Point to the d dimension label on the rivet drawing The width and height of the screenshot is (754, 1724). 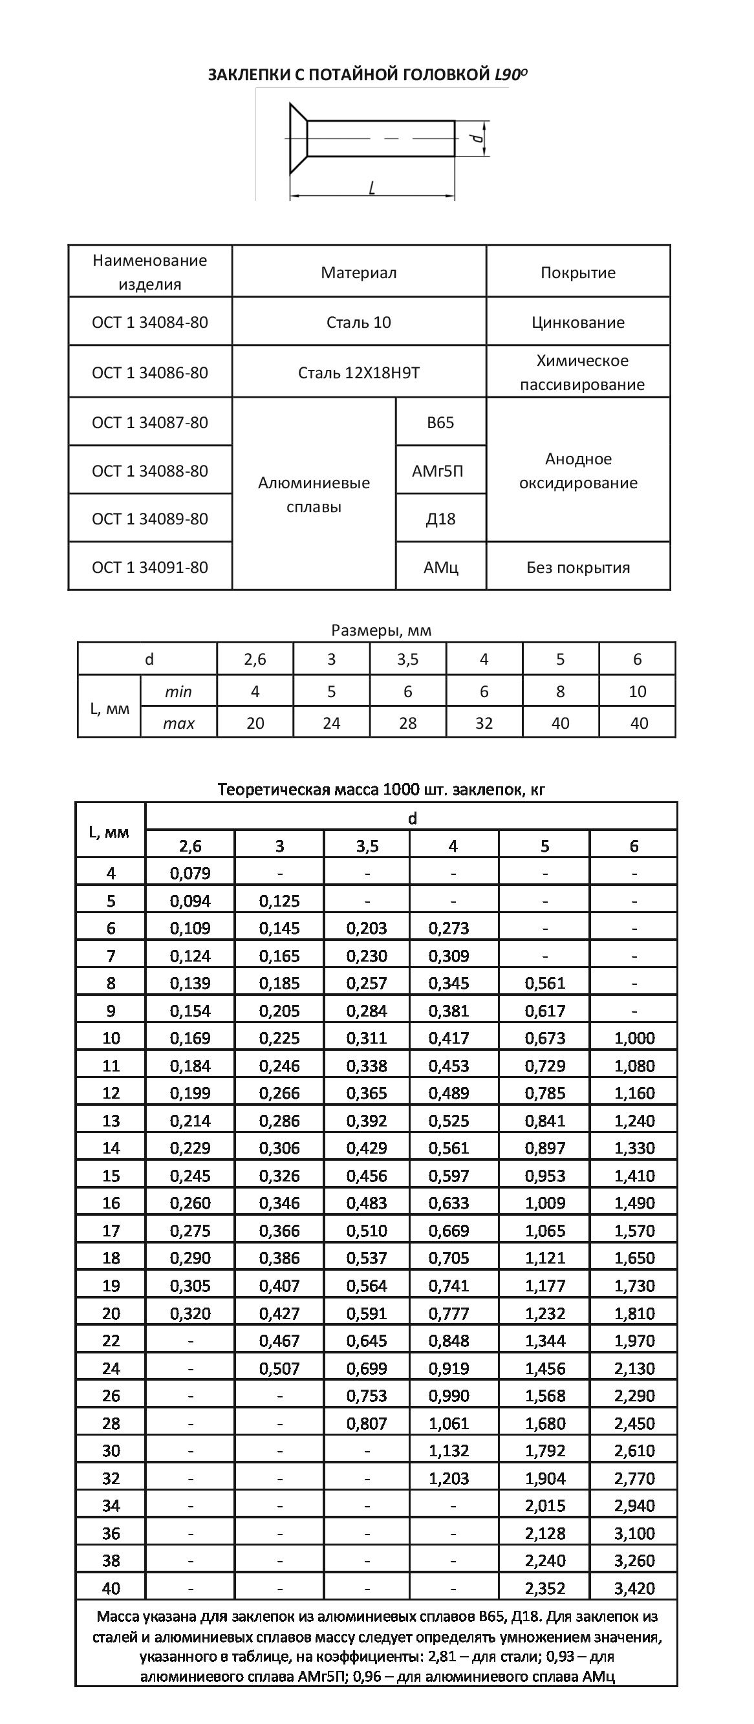click(x=477, y=138)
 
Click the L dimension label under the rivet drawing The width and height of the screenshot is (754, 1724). click(x=372, y=188)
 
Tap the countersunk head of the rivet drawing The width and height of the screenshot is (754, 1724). click(x=297, y=138)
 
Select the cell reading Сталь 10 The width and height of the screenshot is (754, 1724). click(x=359, y=322)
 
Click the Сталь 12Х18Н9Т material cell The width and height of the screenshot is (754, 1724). click(x=359, y=372)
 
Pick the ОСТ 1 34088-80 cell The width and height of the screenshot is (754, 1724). click(x=150, y=471)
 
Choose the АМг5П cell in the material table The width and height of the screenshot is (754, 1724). click(x=440, y=471)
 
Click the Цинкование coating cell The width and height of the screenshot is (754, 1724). click(x=578, y=322)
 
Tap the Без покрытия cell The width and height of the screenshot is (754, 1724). click(x=578, y=568)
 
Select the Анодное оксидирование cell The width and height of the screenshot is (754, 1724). click(x=578, y=471)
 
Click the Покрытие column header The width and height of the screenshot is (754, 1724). click(x=578, y=272)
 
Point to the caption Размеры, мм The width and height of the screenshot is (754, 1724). click(x=381, y=630)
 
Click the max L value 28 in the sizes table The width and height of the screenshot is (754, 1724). click(x=407, y=723)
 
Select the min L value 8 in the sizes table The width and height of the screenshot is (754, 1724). click(x=560, y=691)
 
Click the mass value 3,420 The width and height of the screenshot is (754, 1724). click(x=634, y=1588)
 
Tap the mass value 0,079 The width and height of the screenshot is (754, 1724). click(x=190, y=874)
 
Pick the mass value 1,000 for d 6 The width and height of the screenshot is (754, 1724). click(x=634, y=1038)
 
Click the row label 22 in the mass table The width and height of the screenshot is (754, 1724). click(x=111, y=1341)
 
